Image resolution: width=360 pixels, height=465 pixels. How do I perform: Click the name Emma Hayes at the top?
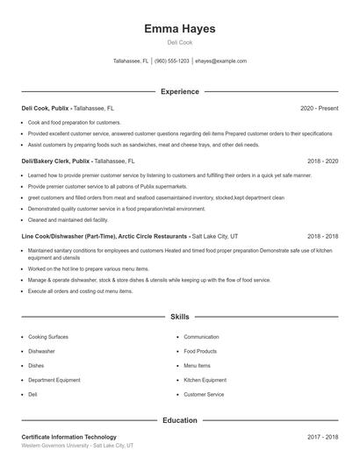click(180, 29)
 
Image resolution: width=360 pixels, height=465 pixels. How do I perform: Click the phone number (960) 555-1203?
click(172, 61)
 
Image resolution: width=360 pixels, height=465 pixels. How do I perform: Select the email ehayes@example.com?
click(220, 61)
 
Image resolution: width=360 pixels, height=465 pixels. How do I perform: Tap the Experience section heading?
click(180, 91)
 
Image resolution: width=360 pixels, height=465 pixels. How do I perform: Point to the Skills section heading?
click(180, 316)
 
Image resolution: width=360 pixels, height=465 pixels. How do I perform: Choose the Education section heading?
click(180, 420)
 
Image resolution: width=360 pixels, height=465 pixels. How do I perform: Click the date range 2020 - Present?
click(319, 108)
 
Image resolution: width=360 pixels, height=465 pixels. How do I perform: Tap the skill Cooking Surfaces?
click(48, 337)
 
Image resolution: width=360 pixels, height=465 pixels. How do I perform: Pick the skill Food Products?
click(200, 351)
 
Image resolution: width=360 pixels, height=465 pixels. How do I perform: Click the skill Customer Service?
click(204, 395)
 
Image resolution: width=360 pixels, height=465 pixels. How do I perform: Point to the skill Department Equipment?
click(54, 380)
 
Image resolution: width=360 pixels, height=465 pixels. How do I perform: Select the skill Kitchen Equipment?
click(205, 380)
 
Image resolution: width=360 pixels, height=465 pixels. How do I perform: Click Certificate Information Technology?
click(68, 437)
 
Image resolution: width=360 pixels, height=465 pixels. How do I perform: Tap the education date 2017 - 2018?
click(322, 437)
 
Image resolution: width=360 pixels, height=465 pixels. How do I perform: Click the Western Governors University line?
click(77, 446)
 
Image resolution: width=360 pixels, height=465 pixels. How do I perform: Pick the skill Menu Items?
click(197, 366)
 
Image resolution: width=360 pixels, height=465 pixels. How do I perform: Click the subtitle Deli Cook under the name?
click(180, 42)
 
